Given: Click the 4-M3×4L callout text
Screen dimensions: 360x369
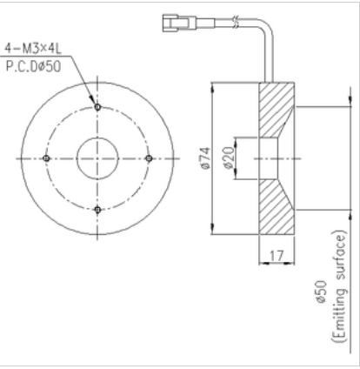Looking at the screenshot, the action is pyautogui.click(x=33, y=49).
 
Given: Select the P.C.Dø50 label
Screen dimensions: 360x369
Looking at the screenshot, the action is pyautogui.click(x=33, y=66).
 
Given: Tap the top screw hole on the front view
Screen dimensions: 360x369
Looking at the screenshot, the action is pyautogui.click(x=97, y=107).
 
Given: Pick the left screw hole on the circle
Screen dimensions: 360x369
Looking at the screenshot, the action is pyautogui.click(x=46, y=158).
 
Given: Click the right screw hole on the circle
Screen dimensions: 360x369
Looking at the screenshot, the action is pyautogui.click(x=149, y=158).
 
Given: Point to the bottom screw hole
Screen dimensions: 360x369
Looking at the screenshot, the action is pyautogui.click(x=97, y=210).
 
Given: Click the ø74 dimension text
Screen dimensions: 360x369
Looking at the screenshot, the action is pyautogui.click(x=205, y=158).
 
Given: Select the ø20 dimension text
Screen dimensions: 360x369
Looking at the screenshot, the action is pyautogui.click(x=229, y=158).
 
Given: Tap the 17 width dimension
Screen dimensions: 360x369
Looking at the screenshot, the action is pyautogui.click(x=277, y=256).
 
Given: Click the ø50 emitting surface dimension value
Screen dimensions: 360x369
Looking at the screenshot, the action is pyautogui.click(x=321, y=292).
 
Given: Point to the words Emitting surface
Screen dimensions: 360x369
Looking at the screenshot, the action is pyautogui.click(x=339, y=286).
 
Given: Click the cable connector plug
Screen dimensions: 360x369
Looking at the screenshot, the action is pyautogui.click(x=177, y=23).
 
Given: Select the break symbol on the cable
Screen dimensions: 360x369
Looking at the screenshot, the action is pyautogui.click(x=236, y=23).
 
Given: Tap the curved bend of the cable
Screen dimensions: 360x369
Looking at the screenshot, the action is pyautogui.click(x=267, y=25).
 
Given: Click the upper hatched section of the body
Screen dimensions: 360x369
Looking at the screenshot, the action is pyautogui.click(x=275, y=110).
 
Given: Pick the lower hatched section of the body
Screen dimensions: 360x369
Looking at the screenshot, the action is pyautogui.click(x=275, y=207).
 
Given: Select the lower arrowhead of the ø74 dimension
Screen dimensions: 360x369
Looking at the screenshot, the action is pyautogui.click(x=213, y=229).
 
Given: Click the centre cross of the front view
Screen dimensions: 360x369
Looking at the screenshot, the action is pyautogui.click(x=97, y=158).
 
